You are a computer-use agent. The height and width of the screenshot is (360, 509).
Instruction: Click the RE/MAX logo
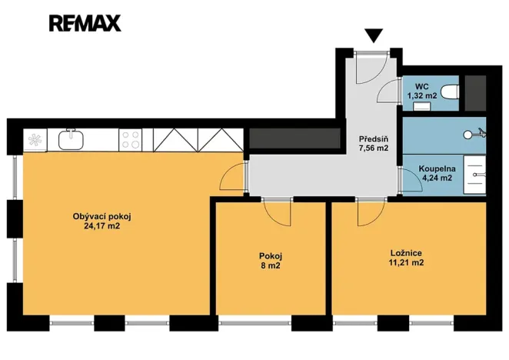85,23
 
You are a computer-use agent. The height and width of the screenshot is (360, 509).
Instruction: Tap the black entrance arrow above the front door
374,35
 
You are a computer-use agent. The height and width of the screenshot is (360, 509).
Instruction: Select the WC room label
422,86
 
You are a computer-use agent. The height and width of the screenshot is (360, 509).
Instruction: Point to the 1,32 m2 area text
422,95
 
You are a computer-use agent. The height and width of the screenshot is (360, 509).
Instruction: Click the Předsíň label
374,139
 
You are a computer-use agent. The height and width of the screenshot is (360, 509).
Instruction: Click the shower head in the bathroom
471,134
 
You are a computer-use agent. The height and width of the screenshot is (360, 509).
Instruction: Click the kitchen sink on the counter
72,139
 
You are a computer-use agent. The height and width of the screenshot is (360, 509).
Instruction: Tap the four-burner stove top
131,139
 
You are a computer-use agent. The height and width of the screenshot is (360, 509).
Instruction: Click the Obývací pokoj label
96,217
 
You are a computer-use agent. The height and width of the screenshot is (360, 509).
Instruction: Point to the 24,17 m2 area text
96,227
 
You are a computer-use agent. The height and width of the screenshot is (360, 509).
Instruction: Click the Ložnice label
406,252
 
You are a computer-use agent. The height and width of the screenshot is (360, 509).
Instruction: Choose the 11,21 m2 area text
406,262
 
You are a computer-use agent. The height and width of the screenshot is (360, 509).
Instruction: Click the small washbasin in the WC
422,107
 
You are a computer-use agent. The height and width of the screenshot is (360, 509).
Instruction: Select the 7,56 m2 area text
374,148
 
